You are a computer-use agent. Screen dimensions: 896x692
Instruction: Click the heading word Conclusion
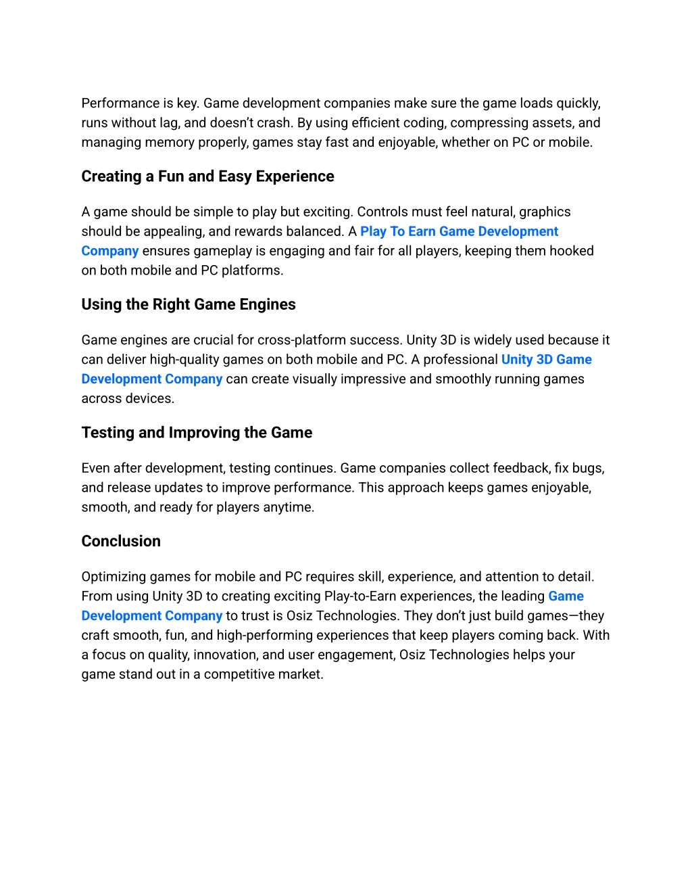(121, 541)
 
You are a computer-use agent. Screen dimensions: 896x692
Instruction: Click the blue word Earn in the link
(422, 231)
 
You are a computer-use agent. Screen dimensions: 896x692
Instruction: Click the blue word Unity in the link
(517, 360)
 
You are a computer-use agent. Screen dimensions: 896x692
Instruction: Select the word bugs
(589, 469)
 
